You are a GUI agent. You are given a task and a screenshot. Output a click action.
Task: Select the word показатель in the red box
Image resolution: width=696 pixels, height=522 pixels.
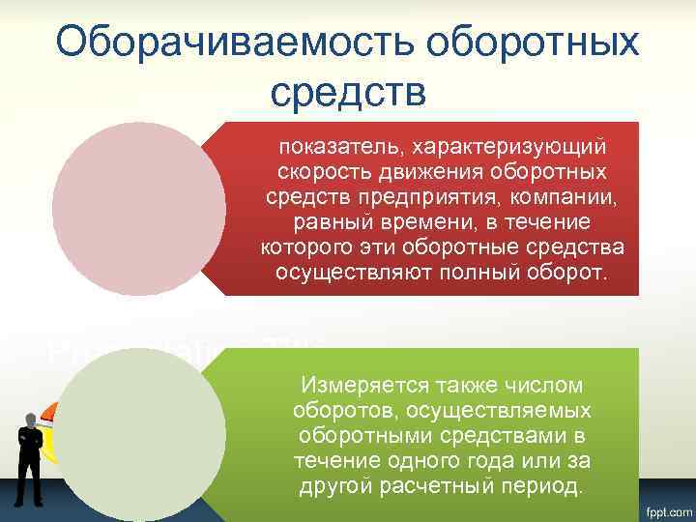(334, 147)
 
